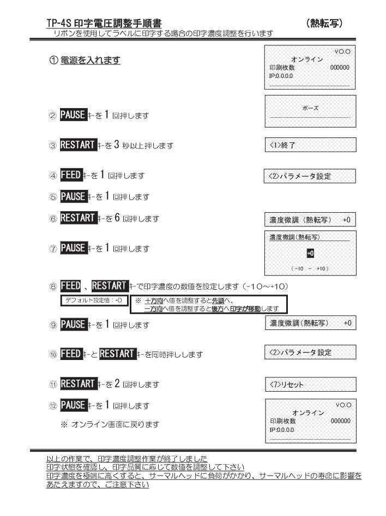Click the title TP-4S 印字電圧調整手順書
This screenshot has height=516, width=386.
click(x=104, y=23)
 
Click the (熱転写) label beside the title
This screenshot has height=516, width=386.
click(x=324, y=23)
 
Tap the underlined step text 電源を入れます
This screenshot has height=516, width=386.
click(x=91, y=60)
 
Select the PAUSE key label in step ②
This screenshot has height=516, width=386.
click(x=74, y=115)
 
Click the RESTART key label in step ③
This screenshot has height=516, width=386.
click(x=79, y=145)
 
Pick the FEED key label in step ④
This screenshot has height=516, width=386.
click(x=71, y=175)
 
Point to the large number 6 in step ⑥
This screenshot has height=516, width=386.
click(x=117, y=218)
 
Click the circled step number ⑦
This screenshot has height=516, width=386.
click(x=53, y=249)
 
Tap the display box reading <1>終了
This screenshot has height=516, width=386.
click(x=310, y=145)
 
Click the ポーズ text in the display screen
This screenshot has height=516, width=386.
click(x=310, y=108)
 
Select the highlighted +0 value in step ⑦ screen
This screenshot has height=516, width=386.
click(x=310, y=253)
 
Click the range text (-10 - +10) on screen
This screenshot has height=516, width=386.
click(x=310, y=268)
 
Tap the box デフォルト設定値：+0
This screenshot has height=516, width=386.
click(x=94, y=301)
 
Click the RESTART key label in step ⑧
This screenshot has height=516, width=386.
click(x=110, y=286)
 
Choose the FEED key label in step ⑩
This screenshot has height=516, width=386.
click(x=71, y=354)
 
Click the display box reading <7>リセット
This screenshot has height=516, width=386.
click(x=311, y=385)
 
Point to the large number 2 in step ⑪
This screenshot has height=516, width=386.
click(x=117, y=383)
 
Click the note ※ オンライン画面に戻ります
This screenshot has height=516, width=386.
click(x=110, y=424)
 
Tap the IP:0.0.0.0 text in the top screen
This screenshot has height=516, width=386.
click(x=281, y=76)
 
